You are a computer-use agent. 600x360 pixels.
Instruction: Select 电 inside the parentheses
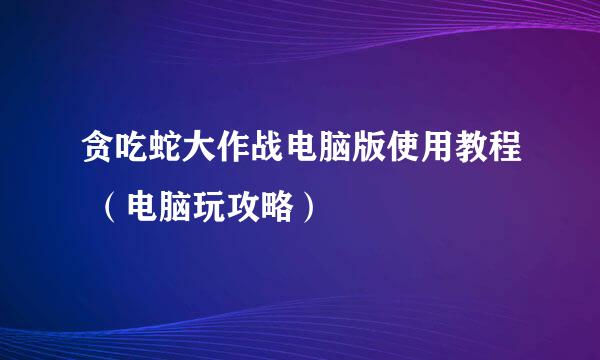click(141, 208)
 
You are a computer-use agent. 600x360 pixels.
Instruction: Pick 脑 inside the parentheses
click(175, 208)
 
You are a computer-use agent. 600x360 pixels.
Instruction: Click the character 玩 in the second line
click(210, 208)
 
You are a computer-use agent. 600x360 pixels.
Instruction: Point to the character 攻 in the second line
click(244, 208)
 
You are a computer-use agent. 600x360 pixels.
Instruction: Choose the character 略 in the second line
click(279, 208)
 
